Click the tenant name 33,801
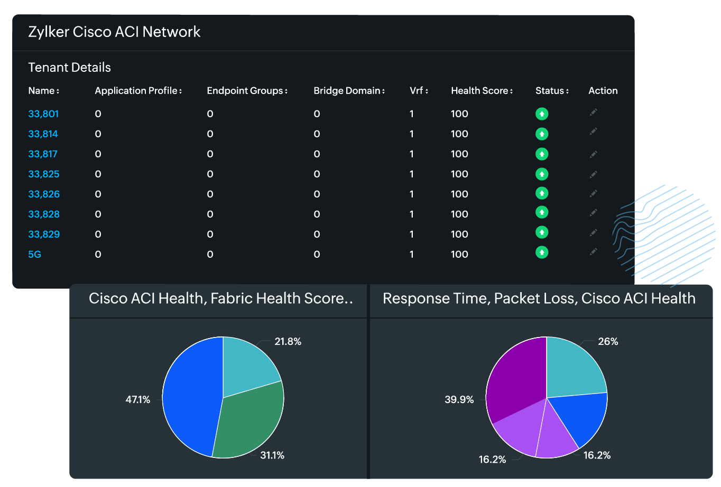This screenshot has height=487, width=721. pos(43,114)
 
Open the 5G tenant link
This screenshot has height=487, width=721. pos(34,255)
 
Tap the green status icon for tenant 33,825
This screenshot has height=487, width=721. pos(542,174)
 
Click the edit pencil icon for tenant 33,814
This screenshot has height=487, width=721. pos(594,132)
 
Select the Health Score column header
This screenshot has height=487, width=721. pos(482,91)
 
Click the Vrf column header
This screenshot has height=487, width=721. pos(418,91)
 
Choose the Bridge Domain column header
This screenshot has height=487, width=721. pos(349,91)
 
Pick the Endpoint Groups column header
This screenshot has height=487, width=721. pos(247,91)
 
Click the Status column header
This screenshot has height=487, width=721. pos(552,91)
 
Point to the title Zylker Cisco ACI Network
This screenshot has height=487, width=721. pos(114,32)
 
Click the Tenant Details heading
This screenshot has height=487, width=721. pos(69,68)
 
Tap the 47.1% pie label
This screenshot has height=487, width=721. pos(137,400)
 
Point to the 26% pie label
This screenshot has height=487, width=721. pos(608,342)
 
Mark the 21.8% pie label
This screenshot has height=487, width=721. pos(288,342)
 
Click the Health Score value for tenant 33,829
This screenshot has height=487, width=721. pos(459,235)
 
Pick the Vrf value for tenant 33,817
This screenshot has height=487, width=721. pos(412,154)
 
